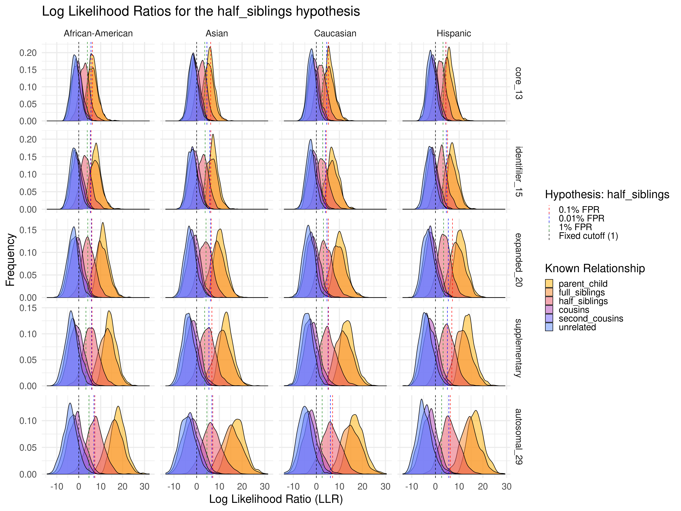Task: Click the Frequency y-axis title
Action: tap(10, 260)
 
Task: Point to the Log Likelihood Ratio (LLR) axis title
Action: tap(276, 499)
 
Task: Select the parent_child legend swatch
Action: tap(549, 283)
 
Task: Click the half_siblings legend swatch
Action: tap(549, 301)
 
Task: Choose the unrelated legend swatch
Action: tap(549, 327)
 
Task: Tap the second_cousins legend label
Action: tap(591, 318)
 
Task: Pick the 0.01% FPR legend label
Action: tap(582, 218)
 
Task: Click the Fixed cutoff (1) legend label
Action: tap(588, 236)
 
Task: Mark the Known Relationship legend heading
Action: tap(595, 268)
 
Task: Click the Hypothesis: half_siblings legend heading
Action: tap(607, 194)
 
